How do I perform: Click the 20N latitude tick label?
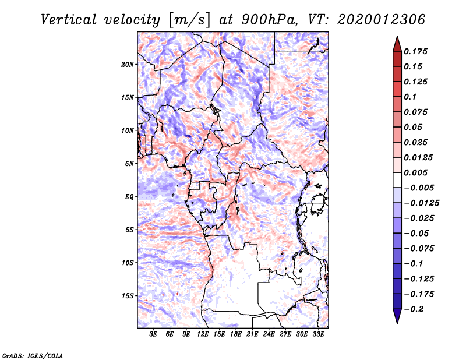(x=128, y=64)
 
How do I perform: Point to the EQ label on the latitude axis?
(x=129, y=196)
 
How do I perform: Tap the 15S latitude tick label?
(x=128, y=295)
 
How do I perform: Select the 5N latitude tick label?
(x=129, y=163)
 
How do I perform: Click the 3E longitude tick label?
(x=153, y=334)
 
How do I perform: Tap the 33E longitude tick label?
(x=319, y=334)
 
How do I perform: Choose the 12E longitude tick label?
(x=203, y=334)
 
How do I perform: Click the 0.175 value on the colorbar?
(x=417, y=51)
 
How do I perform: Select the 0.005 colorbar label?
(x=417, y=172)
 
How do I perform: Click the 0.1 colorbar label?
(x=411, y=97)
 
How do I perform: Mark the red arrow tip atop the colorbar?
(x=397, y=40)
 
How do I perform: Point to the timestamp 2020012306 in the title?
(x=373, y=19)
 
